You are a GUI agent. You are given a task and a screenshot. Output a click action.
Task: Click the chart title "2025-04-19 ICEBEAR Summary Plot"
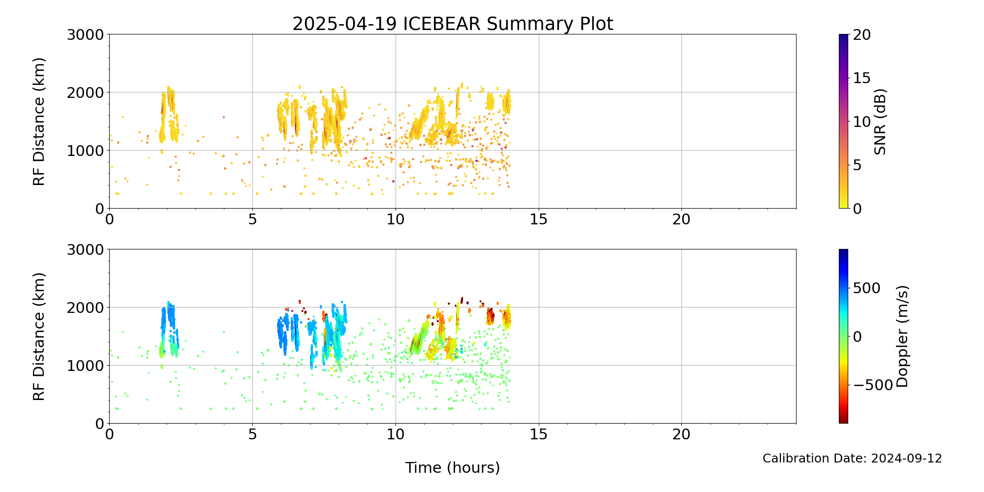pos(453,24)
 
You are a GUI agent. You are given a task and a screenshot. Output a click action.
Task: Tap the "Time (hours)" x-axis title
pos(453,467)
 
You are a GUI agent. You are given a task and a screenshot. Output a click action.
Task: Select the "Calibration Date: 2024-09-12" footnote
pos(852,459)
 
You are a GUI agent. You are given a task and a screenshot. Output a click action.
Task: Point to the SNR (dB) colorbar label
pos(880,122)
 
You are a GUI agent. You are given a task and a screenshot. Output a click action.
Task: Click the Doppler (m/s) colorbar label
pos(902,336)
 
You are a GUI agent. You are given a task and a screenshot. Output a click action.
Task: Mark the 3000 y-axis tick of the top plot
pos(86,35)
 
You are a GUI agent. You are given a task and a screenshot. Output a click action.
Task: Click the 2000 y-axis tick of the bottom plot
pos(86,307)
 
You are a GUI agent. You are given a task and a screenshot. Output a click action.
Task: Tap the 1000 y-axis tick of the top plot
pos(86,151)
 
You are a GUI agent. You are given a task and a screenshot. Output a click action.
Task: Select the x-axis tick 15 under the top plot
pos(539,219)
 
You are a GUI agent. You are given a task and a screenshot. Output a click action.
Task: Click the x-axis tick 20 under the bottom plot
pos(681,434)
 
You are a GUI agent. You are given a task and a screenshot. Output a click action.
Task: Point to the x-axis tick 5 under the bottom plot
pos(252,434)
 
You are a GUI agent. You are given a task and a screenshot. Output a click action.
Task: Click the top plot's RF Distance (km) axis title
pos(39,122)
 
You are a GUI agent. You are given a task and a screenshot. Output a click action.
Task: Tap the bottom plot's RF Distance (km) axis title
pos(39,337)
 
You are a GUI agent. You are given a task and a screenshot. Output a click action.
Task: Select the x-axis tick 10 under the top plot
pos(396,219)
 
